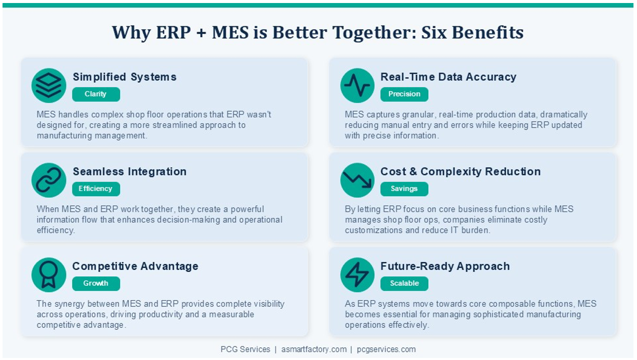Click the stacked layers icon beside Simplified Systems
pos(49,85)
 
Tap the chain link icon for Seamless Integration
pos(49,180)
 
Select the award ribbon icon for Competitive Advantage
pos(49,275)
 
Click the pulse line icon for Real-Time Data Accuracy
pos(357,85)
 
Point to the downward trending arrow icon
pos(357,180)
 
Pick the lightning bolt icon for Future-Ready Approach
pos(357,275)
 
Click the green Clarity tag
pos(96,94)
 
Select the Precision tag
pos(404,94)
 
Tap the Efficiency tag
pos(96,189)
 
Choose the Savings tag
pos(404,189)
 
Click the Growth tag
pos(96,284)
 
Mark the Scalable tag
pos(404,284)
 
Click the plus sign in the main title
pos(201,32)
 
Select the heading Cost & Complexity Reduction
pos(461,171)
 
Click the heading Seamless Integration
pos(130,171)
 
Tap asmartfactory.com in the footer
pos(314,349)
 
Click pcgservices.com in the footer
pos(386,349)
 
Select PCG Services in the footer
pos(245,349)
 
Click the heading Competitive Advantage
pos(135,266)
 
